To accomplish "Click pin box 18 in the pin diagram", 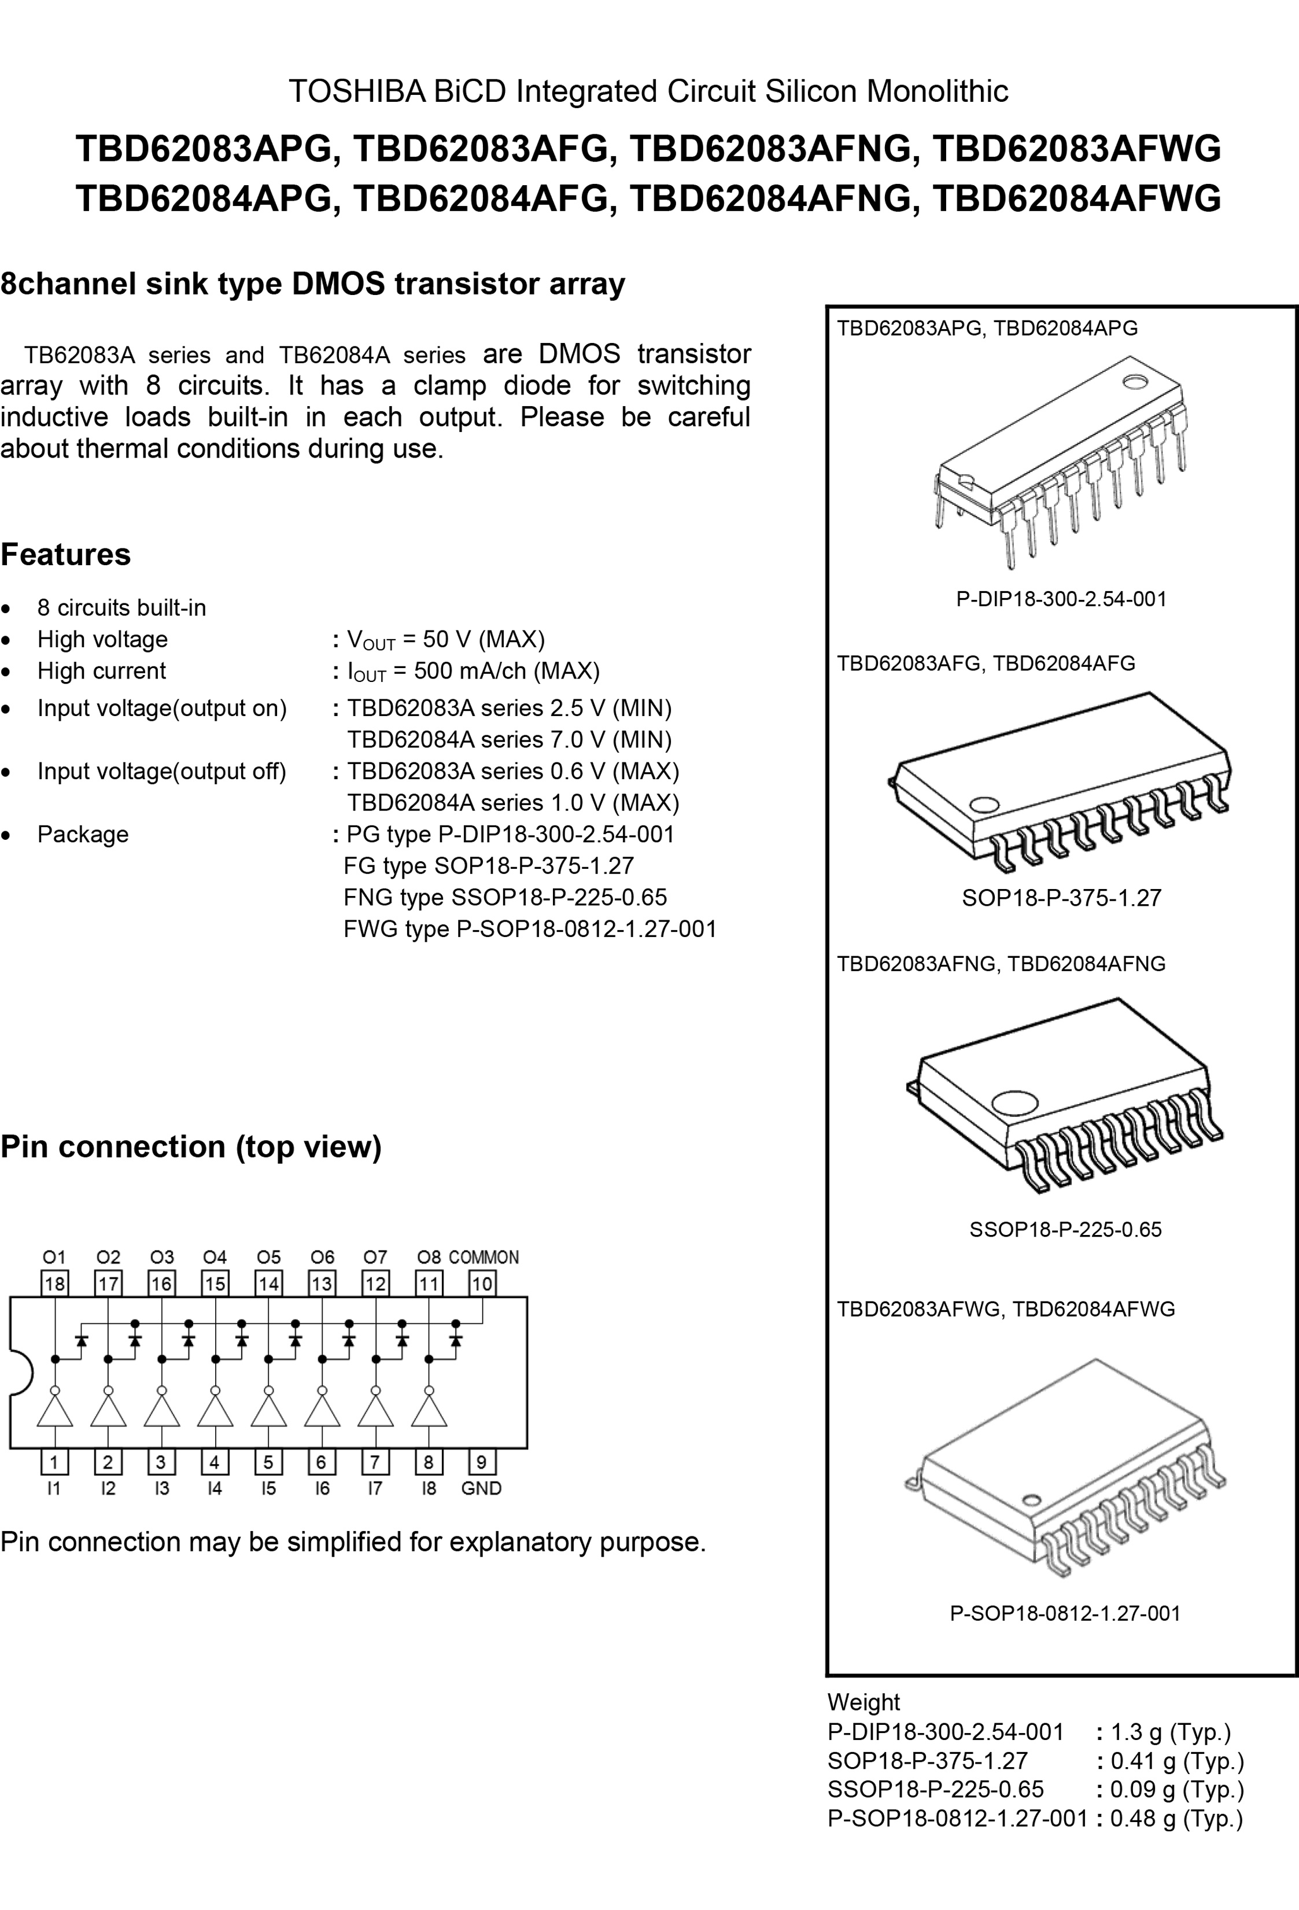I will point(55,1284).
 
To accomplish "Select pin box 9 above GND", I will point(481,1462).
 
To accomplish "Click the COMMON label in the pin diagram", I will point(484,1258).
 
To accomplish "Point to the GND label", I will point(481,1488).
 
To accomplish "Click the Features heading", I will point(66,555).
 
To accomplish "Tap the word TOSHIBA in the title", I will point(357,91).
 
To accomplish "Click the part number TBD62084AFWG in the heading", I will point(1077,199).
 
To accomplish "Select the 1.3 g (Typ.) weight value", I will point(1171,1732).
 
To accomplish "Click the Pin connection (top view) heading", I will point(191,1147).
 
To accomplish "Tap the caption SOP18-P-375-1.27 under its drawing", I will point(1061,898).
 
